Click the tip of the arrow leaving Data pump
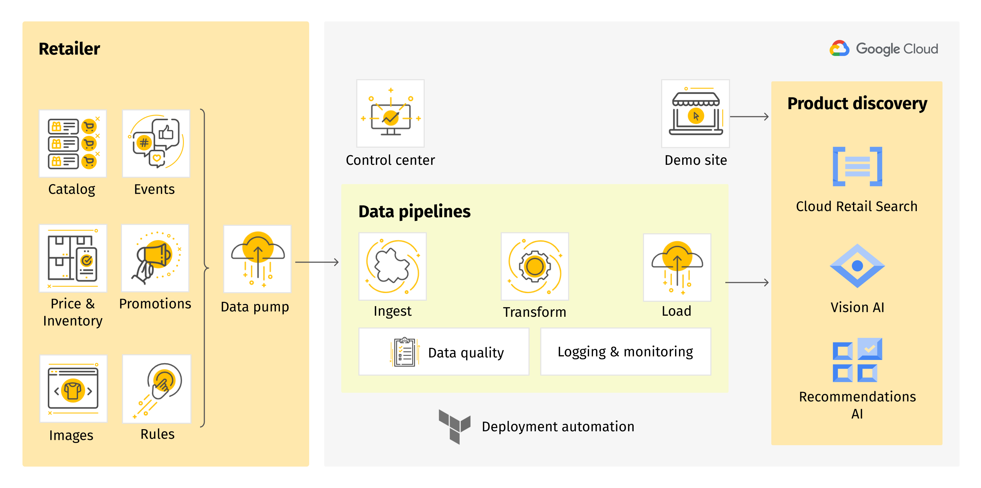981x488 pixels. click(338, 262)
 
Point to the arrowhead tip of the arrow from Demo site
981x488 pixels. click(768, 117)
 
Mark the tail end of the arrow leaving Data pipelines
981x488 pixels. click(725, 283)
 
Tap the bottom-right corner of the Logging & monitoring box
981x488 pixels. click(711, 375)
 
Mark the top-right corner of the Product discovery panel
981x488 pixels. click(942, 82)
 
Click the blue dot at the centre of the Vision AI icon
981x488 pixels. click(857, 265)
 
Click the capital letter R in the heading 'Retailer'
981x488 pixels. click(44, 49)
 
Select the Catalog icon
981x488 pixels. click(73, 144)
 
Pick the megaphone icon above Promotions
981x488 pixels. click(155, 258)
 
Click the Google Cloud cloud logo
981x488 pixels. click(839, 49)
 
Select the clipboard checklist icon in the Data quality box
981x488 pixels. click(405, 352)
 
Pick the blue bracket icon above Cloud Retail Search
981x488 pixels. click(857, 167)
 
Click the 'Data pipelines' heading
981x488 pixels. click(414, 212)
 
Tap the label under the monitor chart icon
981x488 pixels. click(390, 161)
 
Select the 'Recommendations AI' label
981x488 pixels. click(857, 405)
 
